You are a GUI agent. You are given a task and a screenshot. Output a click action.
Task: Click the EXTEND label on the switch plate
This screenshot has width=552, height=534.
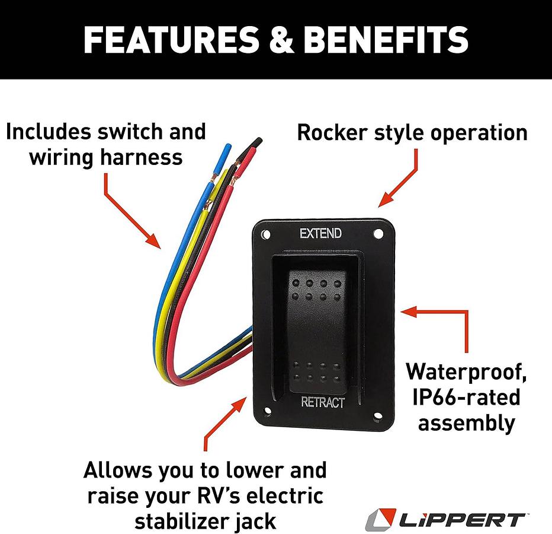[320, 233]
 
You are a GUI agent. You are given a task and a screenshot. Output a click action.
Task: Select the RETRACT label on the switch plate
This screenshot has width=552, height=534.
[322, 402]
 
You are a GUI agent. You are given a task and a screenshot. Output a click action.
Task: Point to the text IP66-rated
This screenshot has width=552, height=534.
[466, 397]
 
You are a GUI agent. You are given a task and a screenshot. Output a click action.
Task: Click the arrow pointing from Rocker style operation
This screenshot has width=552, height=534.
[403, 178]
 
